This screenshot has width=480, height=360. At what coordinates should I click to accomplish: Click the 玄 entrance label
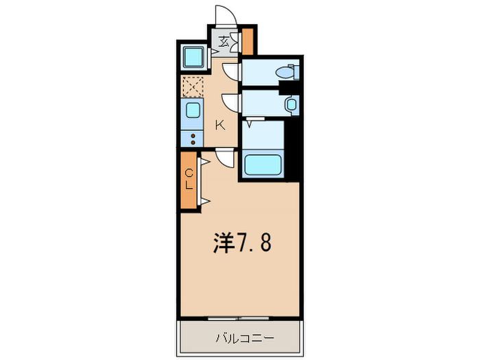pyautogui.click(x=224, y=41)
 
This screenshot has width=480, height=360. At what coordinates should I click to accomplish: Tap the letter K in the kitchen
pyautogui.click(x=220, y=125)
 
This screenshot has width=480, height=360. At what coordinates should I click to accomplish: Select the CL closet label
pyautogui.click(x=189, y=179)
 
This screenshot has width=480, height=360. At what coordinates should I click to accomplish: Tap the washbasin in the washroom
pyautogui.click(x=291, y=104)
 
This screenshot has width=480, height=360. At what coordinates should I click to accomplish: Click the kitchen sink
pyautogui.click(x=193, y=111)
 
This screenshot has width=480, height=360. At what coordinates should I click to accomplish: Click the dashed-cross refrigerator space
pyautogui.click(x=193, y=86)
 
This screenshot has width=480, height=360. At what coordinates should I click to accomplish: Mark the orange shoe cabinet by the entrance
pyautogui.click(x=248, y=40)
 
